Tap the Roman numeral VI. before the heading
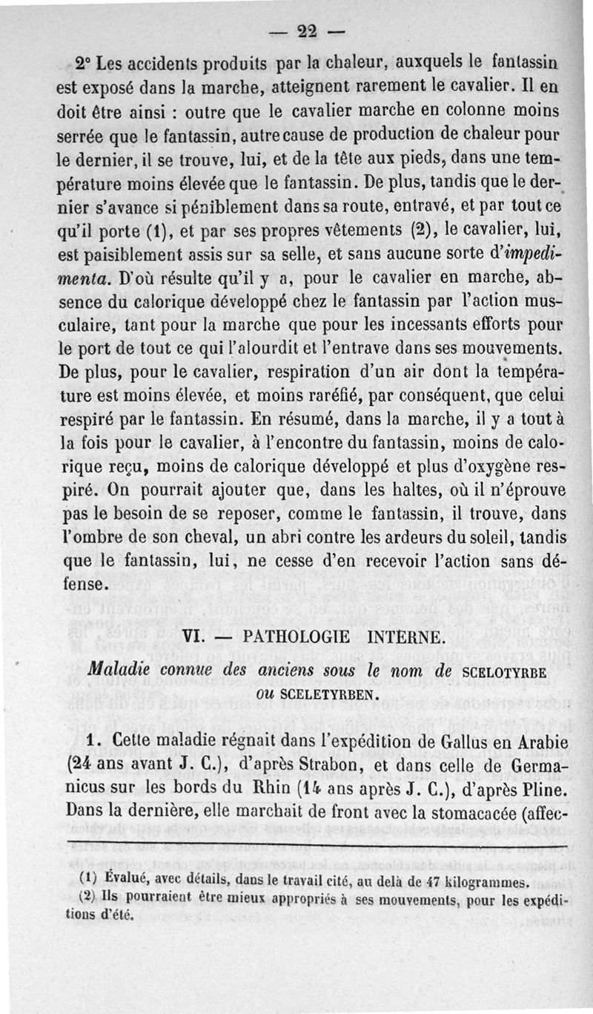[x=195, y=637]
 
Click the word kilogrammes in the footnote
[x=485, y=881]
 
